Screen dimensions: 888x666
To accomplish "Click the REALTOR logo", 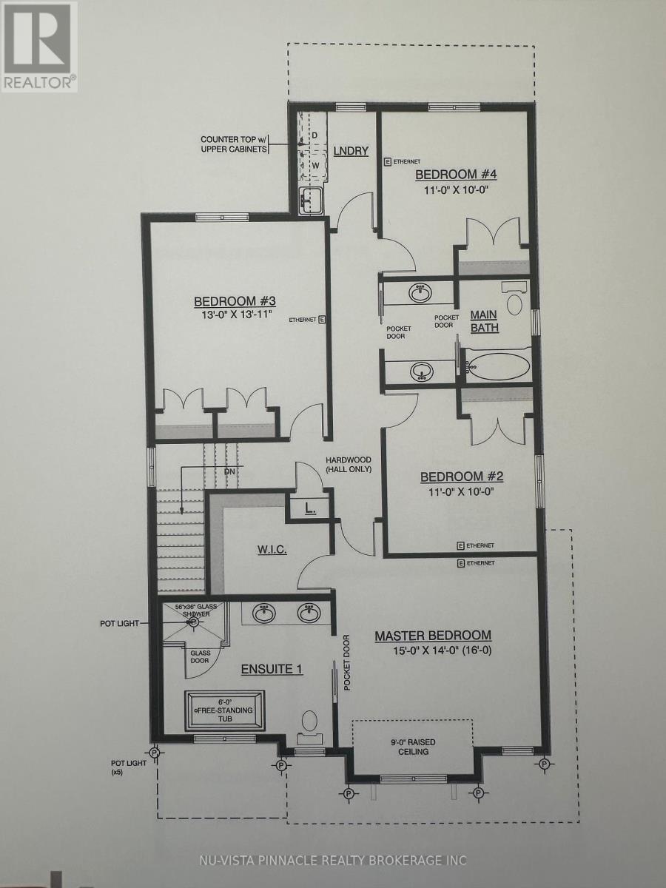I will pyautogui.click(x=38, y=46).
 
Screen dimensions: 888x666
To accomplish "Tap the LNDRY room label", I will pyautogui.click(x=350, y=151).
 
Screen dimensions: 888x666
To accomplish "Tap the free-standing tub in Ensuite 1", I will pyautogui.click(x=225, y=711).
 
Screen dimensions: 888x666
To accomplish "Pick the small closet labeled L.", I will pyautogui.click(x=310, y=509).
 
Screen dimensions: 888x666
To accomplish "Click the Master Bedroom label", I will pyautogui.click(x=433, y=636).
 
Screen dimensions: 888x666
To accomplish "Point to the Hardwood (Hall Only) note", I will pyautogui.click(x=348, y=465).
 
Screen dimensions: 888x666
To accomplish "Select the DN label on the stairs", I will pyautogui.click(x=229, y=471).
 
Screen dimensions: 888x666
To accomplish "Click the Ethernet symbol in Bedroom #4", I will pyautogui.click(x=387, y=161).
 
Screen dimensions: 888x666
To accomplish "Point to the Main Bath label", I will pyautogui.click(x=485, y=321).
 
